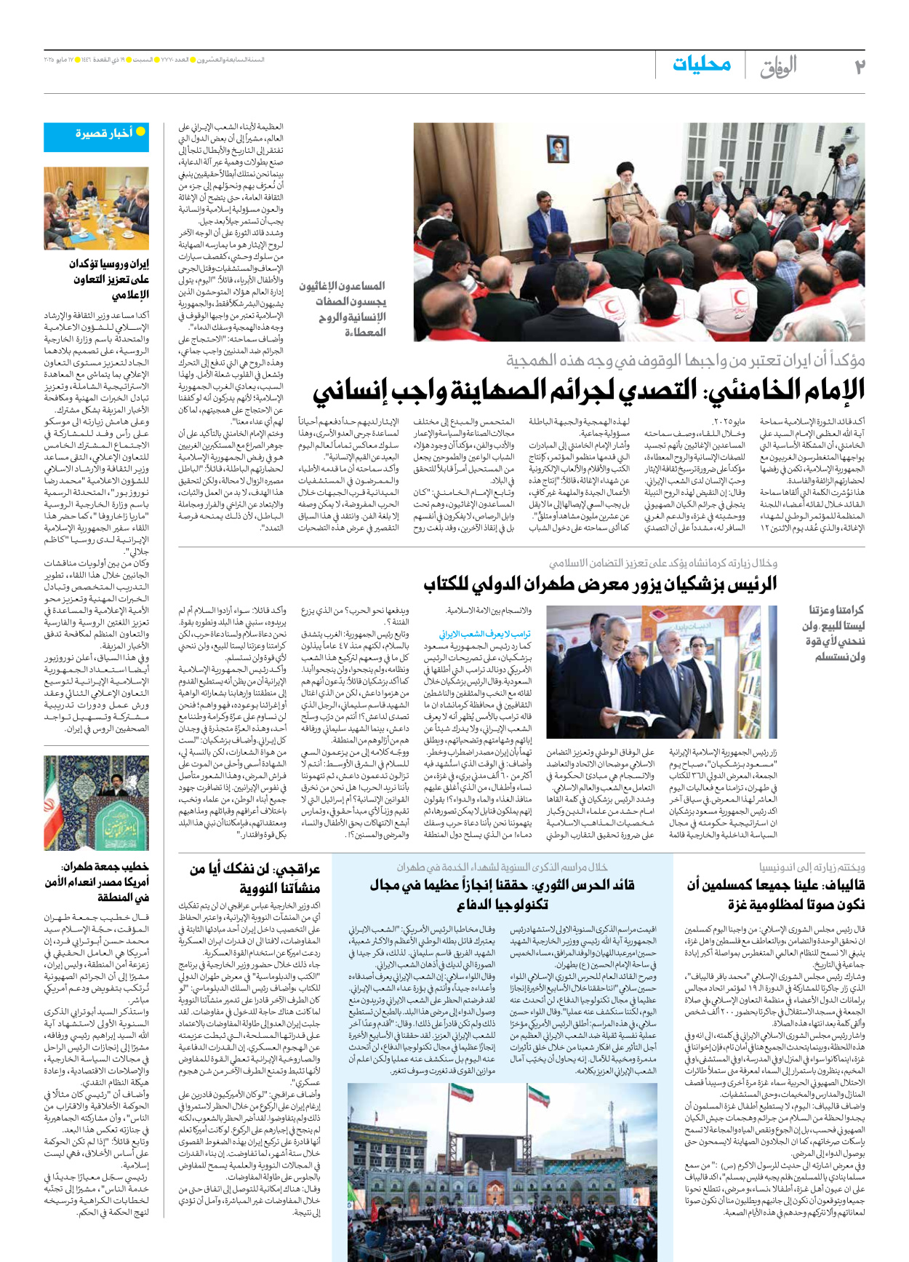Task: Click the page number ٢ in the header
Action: point(859,66)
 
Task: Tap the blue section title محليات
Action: point(701,65)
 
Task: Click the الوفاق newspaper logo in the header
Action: point(778,67)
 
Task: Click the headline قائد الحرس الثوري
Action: point(502,894)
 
